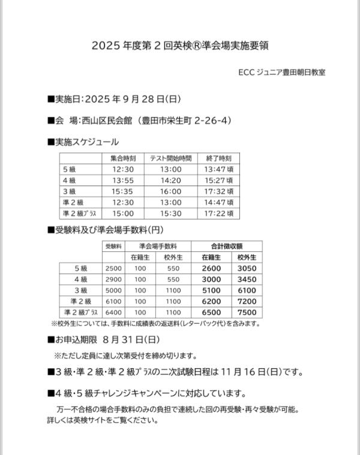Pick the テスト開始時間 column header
click(x=170, y=159)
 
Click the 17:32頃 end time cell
click(x=218, y=191)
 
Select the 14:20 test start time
click(x=170, y=180)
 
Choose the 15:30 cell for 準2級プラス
click(x=170, y=213)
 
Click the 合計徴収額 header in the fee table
click(x=226, y=246)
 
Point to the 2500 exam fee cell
click(x=113, y=269)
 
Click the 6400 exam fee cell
click(x=113, y=312)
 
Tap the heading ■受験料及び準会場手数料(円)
click(x=106, y=230)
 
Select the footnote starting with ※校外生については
click(x=156, y=324)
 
